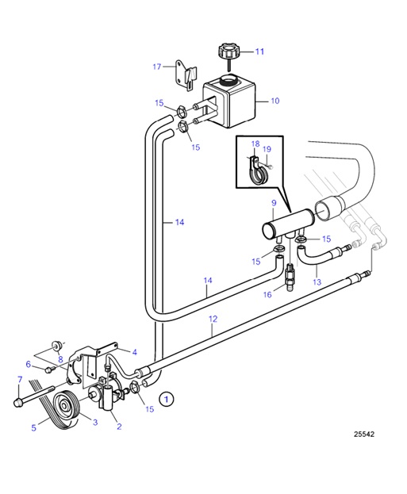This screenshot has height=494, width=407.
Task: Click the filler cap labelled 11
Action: (x=228, y=54)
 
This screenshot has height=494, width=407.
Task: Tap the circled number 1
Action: (x=166, y=398)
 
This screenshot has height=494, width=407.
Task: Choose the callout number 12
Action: (x=213, y=319)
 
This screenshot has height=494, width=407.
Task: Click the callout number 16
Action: (x=268, y=294)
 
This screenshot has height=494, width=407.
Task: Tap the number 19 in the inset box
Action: (x=267, y=148)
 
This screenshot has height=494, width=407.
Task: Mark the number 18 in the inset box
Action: (x=255, y=144)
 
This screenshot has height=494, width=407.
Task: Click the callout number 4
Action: (x=135, y=351)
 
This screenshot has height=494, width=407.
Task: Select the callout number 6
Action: (x=28, y=365)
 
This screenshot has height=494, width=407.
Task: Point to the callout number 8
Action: (x=37, y=358)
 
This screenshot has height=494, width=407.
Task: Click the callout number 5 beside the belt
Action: (x=33, y=428)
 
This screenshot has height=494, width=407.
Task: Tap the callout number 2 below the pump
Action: (x=120, y=427)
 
